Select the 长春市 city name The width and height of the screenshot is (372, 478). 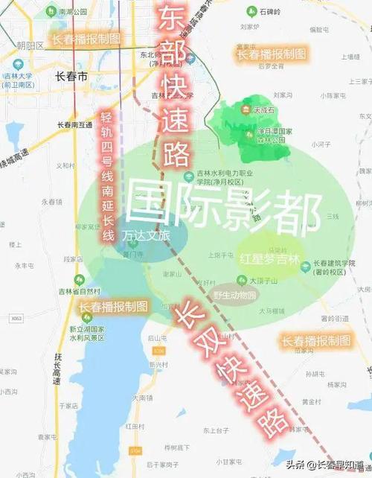71,77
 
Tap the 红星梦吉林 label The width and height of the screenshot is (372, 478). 269,260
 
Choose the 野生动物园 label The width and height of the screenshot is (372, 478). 234,295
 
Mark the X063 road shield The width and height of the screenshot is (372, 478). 16,318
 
